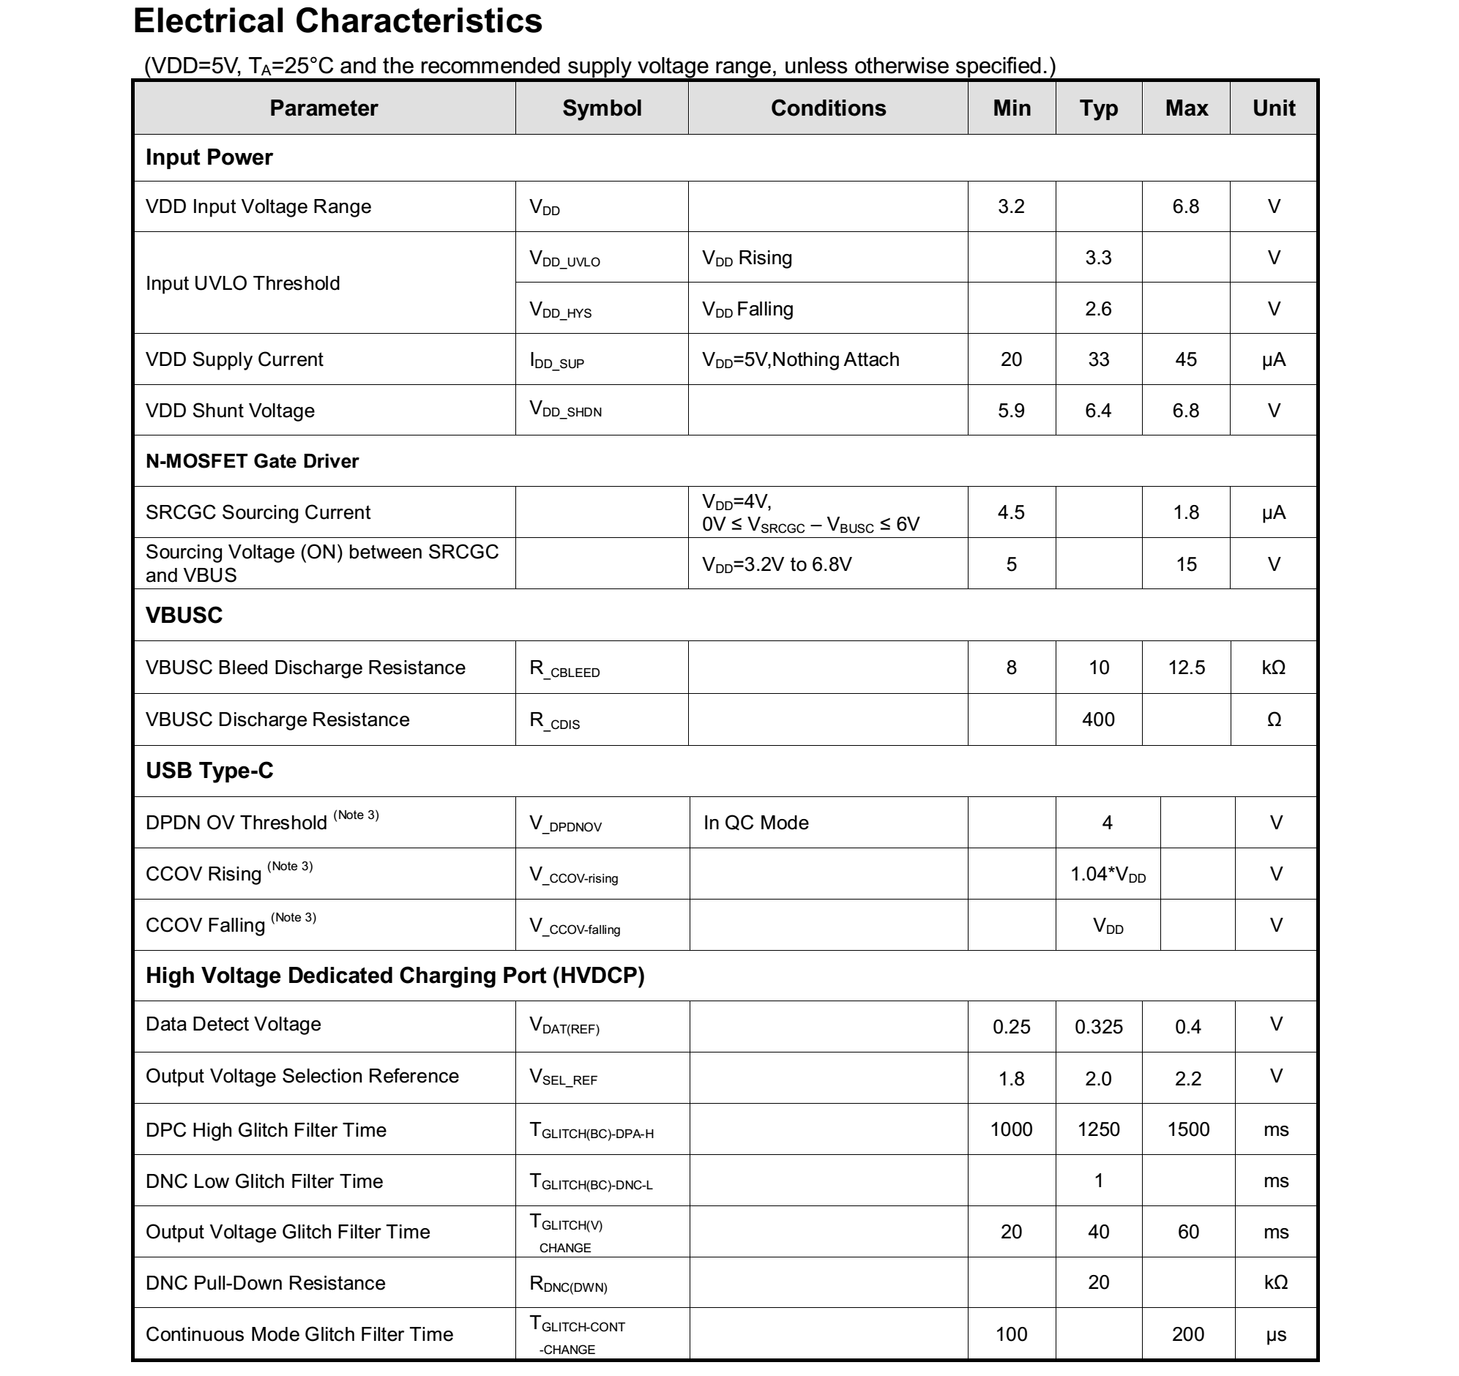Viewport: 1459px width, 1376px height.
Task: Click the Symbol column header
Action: click(x=601, y=108)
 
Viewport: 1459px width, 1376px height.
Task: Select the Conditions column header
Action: click(x=828, y=108)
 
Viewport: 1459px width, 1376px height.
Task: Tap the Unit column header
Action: click(x=1273, y=108)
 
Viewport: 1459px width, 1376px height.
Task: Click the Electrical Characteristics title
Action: click(x=337, y=21)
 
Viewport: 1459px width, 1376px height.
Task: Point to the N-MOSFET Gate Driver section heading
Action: click(x=252, y=461)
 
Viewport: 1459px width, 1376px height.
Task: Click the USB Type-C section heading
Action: click(x=209, y=771)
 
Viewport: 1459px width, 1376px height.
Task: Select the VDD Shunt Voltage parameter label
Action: click(x=230, y=410)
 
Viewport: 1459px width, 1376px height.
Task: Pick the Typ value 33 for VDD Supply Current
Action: click(x=1098, y=359)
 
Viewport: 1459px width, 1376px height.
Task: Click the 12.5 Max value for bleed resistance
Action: click(x=1186, y=668)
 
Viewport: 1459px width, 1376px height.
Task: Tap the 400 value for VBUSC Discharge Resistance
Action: click(x=1098, y=719)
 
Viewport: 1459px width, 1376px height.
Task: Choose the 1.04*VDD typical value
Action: click(x=1108, y=874)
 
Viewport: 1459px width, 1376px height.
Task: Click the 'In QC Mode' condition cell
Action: click(x=755, y=823)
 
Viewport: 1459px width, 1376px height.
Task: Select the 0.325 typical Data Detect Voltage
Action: click(x=1098, y=1027)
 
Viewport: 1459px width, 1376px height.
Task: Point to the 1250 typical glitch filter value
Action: click(x=1098, y=1129)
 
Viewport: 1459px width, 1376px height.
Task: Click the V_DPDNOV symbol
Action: click(x=565, y=824)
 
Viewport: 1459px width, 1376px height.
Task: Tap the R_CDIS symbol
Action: click(x=554, y=722)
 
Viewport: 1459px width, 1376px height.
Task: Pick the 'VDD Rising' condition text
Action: click(x=747, y=258)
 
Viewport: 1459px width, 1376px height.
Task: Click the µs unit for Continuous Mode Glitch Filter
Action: click(x=1275, y=1334)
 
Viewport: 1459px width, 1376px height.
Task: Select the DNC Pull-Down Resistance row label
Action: click(x=265, y=1283)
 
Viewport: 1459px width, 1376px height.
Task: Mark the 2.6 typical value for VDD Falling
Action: click(x=1098, y=309)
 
